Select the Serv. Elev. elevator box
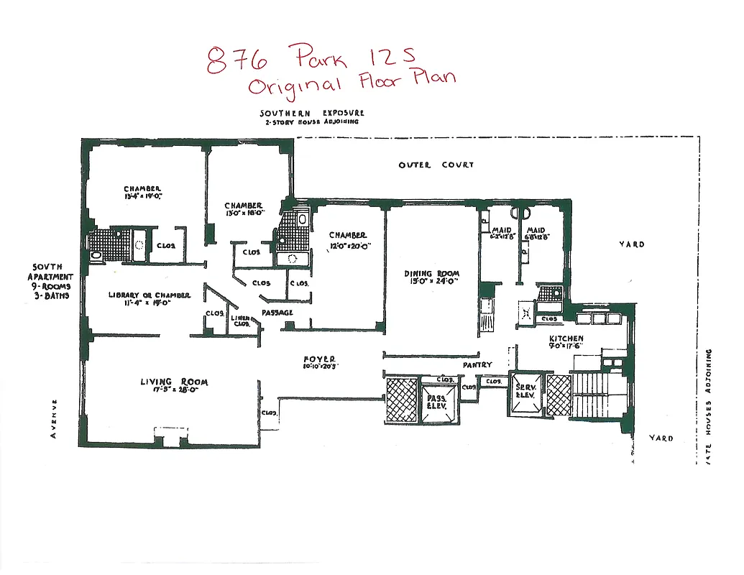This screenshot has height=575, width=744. click(524, 395)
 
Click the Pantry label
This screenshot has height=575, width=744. click(477, 365)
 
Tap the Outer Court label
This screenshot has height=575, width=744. click(436, 165)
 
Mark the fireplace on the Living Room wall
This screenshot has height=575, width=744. click(170, 436)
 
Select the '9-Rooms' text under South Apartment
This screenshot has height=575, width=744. click(50, 285)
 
